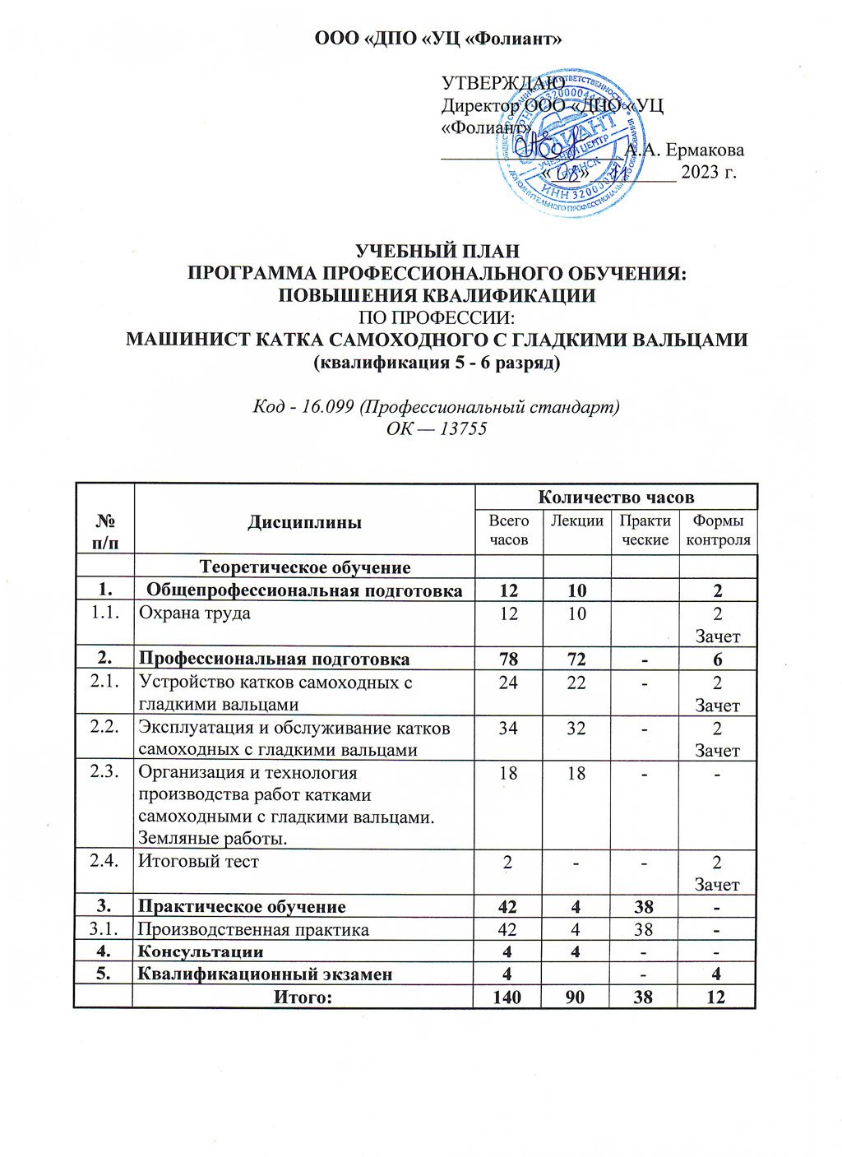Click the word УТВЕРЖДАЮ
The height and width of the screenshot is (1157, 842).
503,83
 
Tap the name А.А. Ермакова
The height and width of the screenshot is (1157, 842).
685,150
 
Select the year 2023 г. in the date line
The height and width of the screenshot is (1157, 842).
708,172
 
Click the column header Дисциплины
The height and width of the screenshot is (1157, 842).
304,522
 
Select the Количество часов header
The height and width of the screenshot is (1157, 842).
615,497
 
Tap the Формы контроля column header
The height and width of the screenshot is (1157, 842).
718,530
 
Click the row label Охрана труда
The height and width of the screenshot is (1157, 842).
194,613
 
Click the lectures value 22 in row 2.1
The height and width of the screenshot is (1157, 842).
576,682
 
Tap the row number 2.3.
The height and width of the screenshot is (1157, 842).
104,772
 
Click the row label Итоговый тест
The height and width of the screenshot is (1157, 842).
198,861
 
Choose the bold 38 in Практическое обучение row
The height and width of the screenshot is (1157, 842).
644,906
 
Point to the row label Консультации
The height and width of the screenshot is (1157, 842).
201,951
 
